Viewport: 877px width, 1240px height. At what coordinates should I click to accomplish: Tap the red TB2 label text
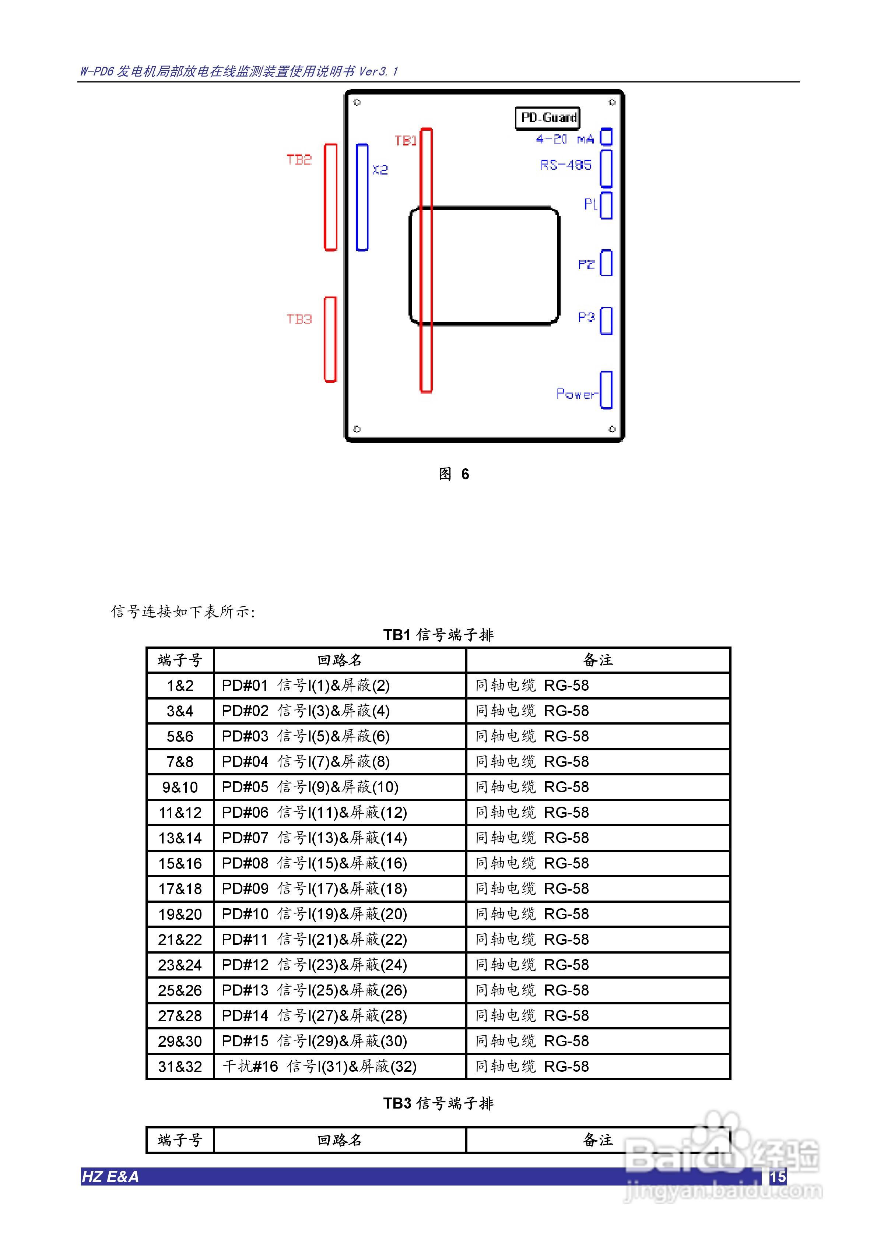pyautogui.click(x=299, y=159)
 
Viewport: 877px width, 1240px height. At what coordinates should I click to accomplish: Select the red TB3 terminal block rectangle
pyautogui.click(x=330, y=339)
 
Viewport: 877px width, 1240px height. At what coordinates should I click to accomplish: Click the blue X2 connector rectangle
pyautogui.click(x=362, y=197)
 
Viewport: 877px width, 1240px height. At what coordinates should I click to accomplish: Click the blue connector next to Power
pyautogui.click(x=606, y=390)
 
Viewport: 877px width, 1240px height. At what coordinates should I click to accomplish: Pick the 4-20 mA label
pyautogui.click(x=565, y=139)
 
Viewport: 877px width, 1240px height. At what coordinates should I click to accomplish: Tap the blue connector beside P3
pyautogui.click(x=606, y=321)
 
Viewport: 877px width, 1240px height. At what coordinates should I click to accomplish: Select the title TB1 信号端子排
pyautogui.click(x=438, y=635)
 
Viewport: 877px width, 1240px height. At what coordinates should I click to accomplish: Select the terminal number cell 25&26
pyautogui.click(x=180, y=990)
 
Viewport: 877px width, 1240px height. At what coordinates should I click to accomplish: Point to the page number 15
pyautogui.click(x=778, y=1177)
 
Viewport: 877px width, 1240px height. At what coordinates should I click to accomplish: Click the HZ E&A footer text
pyautogui.click(x=110, y=1177)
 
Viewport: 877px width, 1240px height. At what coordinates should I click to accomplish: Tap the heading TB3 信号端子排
pyautogui.click(x=438, y=1103)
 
